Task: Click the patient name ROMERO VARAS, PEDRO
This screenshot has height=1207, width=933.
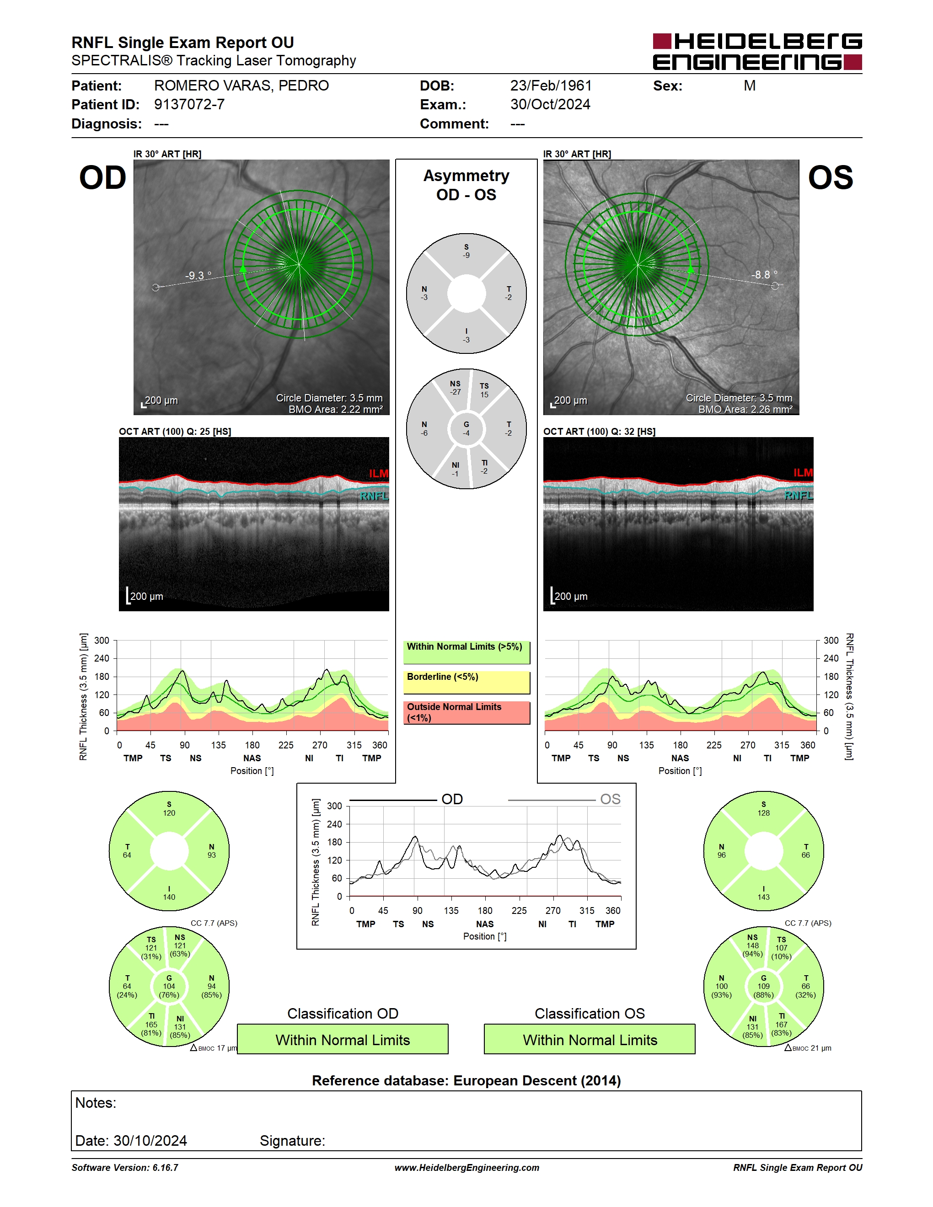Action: pyautogui.click(x=241, y=85)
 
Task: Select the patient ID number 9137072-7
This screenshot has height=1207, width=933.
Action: pyautogui.click(x=189, y=104)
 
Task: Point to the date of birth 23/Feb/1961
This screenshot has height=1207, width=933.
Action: pyautogui.click(x=551, y=85)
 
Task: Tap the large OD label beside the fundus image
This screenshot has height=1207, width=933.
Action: pyautogui.click(x=103, y=178)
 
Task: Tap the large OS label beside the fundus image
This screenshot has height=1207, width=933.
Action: pyautogui.click(x=830, y=178)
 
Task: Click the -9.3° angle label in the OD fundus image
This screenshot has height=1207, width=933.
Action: pyautogui.click(x=198, y=275)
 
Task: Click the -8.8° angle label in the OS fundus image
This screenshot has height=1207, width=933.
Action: pyautogui.click(x=764, y=275)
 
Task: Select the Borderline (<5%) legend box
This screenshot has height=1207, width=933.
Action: pyautogui.click(x=466, y=683)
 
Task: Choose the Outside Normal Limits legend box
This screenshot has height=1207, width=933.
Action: pyautogui.click(x=466, y=712)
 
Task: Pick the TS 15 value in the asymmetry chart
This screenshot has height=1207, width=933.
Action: pyautogui.click(x=484, y=390)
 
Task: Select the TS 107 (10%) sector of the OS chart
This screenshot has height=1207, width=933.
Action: pyautogui.click(x=781, y=948)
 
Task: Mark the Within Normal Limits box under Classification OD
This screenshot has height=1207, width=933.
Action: pyautogui.click(x=343, y=1039)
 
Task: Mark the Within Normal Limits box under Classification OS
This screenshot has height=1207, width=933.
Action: pyautogui.click(x=590, y=1039)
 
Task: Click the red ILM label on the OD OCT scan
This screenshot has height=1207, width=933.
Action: pyautogui.click(x=379, y=474)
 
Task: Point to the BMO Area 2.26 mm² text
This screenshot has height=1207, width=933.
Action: pyautogui.click(x=745, y=410)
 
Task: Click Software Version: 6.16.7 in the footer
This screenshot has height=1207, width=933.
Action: pyautogui.click(x=125, y=1168)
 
